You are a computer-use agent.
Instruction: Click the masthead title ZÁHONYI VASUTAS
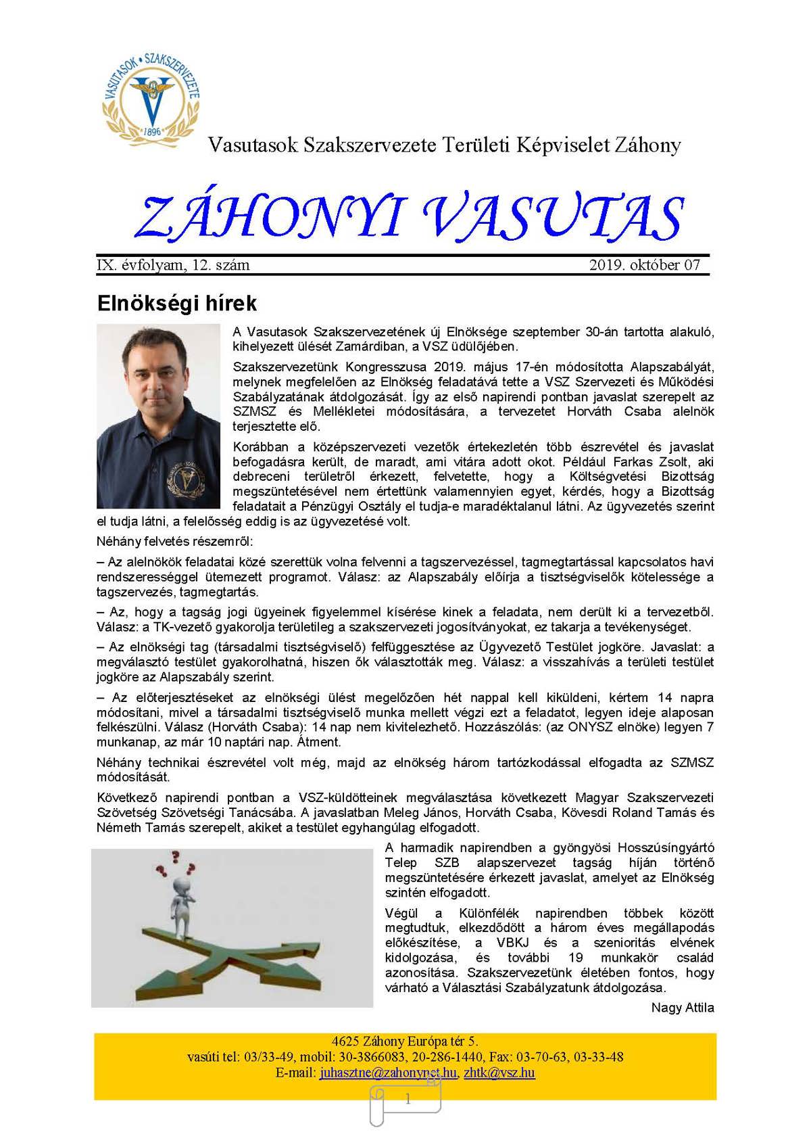[x=409, y=218]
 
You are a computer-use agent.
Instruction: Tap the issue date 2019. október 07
[x=644, y=265]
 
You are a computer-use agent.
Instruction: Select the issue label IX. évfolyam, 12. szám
[x=173, y=265]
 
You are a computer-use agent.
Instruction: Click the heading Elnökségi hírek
[x=176, y=303]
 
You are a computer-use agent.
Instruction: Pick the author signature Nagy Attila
[x=682, y=1008]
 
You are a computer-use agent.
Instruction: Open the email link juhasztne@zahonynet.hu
[x=388, y=1073]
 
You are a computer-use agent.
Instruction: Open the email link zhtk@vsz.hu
[x=499, y=1073]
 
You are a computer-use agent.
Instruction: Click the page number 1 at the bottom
[x=408, y=1100]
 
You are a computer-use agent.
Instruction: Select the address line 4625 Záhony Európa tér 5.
[x=405, y=1041]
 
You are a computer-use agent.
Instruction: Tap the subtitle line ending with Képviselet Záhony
[x=444, y=145]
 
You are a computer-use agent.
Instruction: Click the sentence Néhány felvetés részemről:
[x=175, y=542]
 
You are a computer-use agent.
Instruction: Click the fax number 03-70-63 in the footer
[x=539, y=1057]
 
